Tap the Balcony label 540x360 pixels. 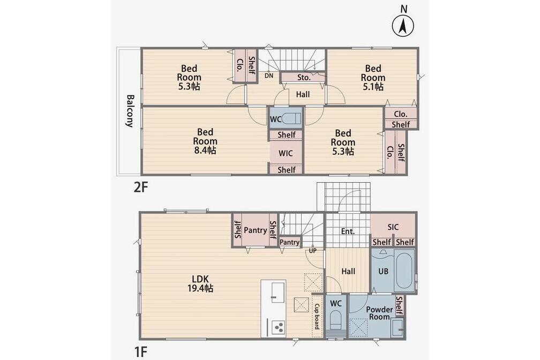130,111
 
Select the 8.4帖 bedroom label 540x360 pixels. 205,141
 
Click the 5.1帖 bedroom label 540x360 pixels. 373,78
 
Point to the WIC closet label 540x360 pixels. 286,153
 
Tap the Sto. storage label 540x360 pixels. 304,78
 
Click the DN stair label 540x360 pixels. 269,76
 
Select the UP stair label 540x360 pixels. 312,251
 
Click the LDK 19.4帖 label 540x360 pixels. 200,283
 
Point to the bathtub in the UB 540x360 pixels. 404,272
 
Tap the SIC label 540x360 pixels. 393,227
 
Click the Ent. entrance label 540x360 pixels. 348,231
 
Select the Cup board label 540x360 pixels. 317,316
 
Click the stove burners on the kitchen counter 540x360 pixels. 277,327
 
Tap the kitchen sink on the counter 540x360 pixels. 277,292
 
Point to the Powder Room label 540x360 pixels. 379,313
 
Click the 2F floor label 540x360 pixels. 140,187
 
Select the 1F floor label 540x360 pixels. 140,352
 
